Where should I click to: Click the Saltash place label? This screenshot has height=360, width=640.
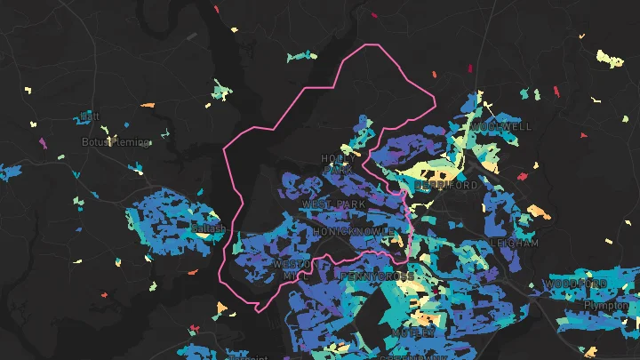pyautogui.click(x=209, y=228)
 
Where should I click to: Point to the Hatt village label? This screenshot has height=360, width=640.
pyautogui.click(x=90, y=116)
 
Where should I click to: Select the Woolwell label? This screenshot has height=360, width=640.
pyautogui.click(x=501, y=127)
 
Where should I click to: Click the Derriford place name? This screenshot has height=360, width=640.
pyautogui.click(x=446, y=185)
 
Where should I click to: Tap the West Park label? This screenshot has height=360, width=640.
pyautogui.click(x=333, y=204)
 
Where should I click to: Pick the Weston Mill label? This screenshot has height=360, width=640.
pyautogui.click(x=293, y=269)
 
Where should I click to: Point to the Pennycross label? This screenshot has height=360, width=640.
pyautogui.click(x=378, y=276)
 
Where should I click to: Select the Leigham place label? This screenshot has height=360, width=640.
pyautogui.click(x=514, y=242)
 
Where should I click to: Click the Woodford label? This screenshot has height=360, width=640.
pyautogui.click(x=575, y=284)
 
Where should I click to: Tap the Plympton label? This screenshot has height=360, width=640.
pyautogui.click(x=606, y=305)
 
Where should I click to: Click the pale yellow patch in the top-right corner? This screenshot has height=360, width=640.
pyautogui.click(x=610, y=60)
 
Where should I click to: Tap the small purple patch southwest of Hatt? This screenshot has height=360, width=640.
pyautogui.click(x=42, y=142)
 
